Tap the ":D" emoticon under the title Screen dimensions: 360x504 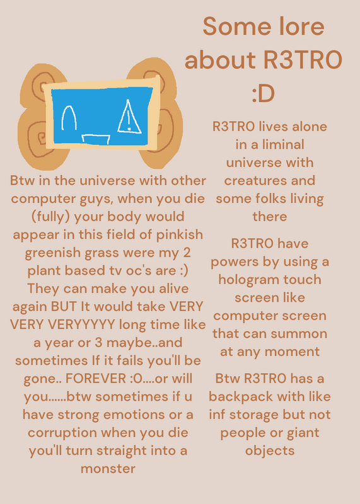[263, 93]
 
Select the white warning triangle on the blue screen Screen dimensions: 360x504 [129, 117]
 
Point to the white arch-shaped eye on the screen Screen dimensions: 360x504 [69, 118]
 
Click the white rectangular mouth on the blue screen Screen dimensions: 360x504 [96, 139]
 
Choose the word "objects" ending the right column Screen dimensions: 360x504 [270, 451]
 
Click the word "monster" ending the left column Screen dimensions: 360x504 [108, 469]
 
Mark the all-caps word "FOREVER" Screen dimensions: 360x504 [96, 379]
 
